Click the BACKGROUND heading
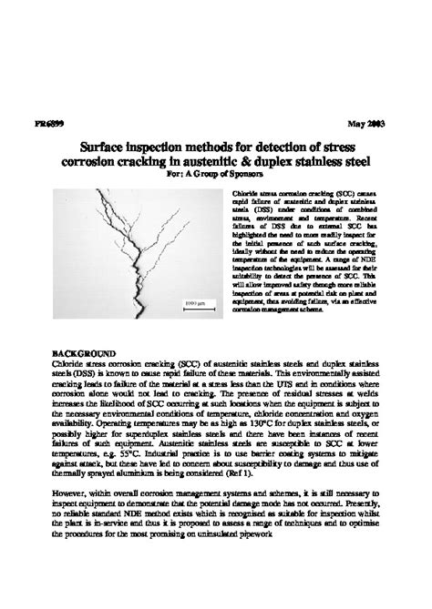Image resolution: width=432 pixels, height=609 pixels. (x=82, y=351)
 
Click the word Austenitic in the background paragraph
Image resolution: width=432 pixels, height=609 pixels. (x=239, y=442)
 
